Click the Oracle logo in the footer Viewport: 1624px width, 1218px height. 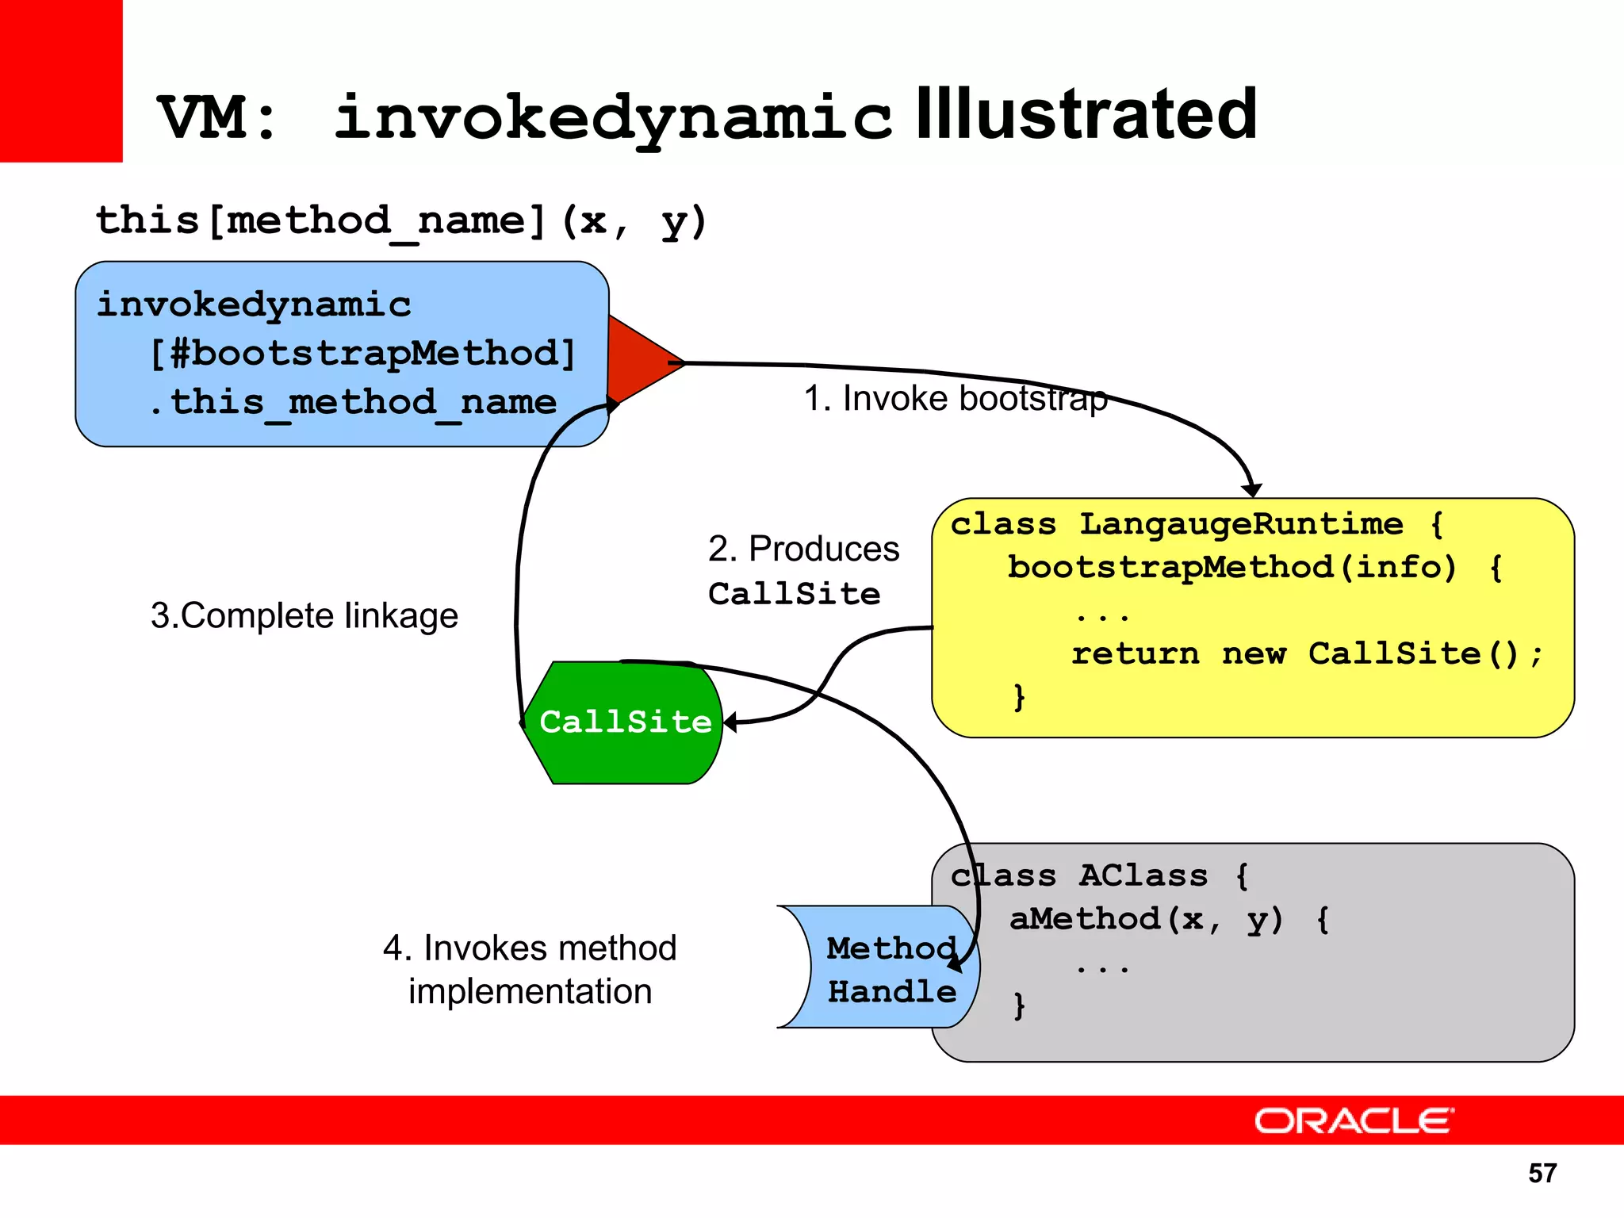point(1354,1121)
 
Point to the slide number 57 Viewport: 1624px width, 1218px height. point(1542,1173)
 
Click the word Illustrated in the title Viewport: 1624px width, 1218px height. point(1086,115)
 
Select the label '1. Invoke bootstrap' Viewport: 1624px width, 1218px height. point(955,398)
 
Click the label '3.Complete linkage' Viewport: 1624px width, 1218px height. point(304,616)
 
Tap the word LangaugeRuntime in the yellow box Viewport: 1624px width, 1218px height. point(1241,524)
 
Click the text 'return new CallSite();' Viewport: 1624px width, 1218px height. point(1307,654)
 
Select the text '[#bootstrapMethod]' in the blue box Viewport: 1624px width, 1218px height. point(363,354)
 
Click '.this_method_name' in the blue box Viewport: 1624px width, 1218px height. point(354,402)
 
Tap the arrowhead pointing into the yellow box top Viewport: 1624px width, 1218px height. point(1251,489)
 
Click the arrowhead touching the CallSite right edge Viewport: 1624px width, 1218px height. point(730,722)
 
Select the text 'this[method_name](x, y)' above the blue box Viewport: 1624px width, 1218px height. point(400,220)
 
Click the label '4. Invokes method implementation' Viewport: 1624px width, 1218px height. point(530,970)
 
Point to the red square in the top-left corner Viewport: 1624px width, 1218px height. point(61,79)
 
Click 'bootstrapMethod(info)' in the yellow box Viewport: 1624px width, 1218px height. point(1231,568)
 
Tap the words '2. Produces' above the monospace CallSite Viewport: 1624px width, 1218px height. point(803,549)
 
